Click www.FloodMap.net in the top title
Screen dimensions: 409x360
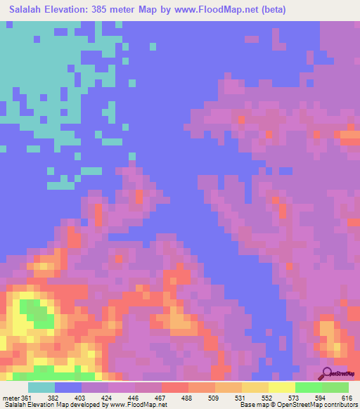229,9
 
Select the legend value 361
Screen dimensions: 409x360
27,398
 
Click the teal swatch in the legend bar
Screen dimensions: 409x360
41,387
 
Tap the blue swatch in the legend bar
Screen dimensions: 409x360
68,387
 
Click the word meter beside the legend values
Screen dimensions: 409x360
11,398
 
